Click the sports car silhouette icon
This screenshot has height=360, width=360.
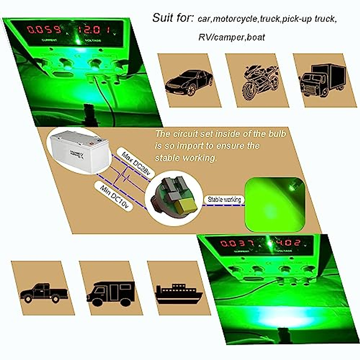[x=189, y=82]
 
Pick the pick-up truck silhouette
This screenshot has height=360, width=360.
[x=44, y=293]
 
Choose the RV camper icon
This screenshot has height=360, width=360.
[x=111, y=293]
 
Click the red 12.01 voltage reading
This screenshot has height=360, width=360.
[x=93, y=30]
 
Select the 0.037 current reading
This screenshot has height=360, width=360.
[x=237, y=243]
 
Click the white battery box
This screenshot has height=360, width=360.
[x=79, y=152]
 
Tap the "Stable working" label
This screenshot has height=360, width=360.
[x=224, y=199]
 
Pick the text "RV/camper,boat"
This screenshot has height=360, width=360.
[x=232, y=37]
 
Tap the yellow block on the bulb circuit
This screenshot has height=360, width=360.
[x=186, y=207]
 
